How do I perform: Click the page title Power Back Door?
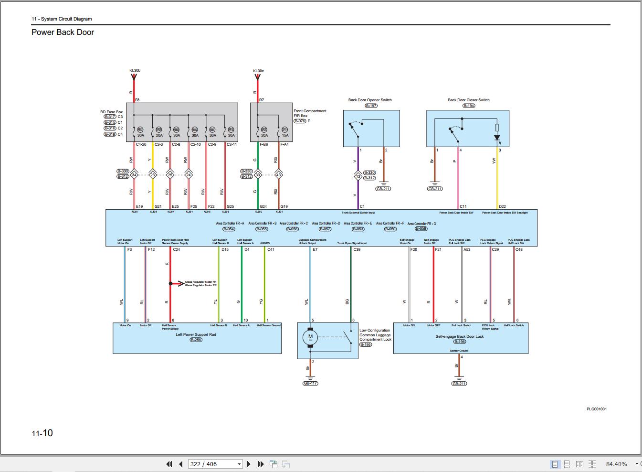(x=63, y=32)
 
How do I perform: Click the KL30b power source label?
(x=135, y=71)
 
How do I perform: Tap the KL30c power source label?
(x=258, y=71)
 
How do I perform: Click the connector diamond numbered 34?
(x=134, y=175)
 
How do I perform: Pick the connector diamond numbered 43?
(x=278, y=175)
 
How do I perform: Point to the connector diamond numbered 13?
(x=358, y=176)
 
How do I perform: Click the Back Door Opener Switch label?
(x=370, y=100)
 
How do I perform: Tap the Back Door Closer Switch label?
(x=468, y=100)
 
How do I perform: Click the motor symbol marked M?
(x=310, y=337)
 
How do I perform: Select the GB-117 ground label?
(x=310, y=383)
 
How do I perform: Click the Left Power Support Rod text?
(x=196, y=334)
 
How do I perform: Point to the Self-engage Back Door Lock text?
(x=459, y=336)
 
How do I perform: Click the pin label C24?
(x=176, y=249)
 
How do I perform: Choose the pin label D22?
(x=502, y=206)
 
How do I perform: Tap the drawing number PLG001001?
(x=597, y=409)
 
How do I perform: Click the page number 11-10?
(x=42, y=433)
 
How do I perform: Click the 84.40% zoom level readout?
(x=616, y=464)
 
